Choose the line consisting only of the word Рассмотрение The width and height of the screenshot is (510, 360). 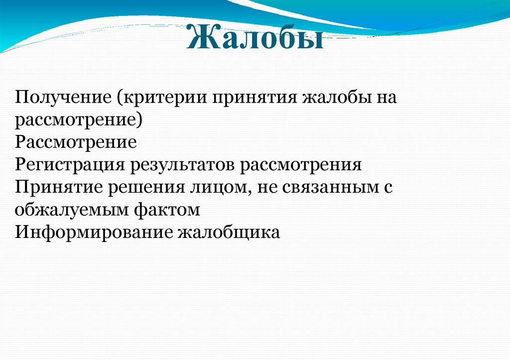point(76,142)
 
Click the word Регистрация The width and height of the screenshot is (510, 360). point(69,165)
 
